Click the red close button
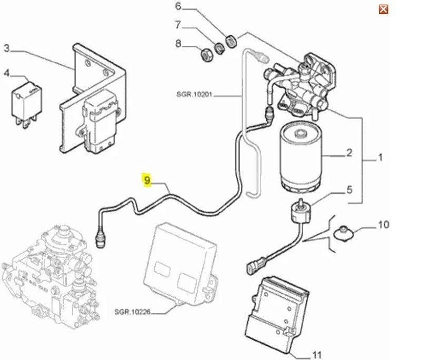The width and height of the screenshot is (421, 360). pyautogui.click(x=384, y=9)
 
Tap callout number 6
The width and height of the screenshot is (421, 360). pyautogui.click(x=177, y=7)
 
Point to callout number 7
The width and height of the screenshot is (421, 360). pyautogui.click(x=178, y=25)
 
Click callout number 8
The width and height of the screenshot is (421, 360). pyautogui.click(x=178, y=44)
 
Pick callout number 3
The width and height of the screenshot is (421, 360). pyautogui.click(x=7, y=49)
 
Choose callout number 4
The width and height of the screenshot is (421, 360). pyautogui.click(x=7, y=73)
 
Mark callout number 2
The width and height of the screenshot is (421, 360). pyautogui.click(x=348, y=154)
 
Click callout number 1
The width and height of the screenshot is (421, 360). pyautogui.click(x=380, y=157)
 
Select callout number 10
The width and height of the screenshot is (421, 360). pyautogui.click(x=384, y=225)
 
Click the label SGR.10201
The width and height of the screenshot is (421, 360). pyautogui.click(x=195, y=95)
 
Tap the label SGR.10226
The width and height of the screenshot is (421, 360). pyautogui.click(x=133, y=312)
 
